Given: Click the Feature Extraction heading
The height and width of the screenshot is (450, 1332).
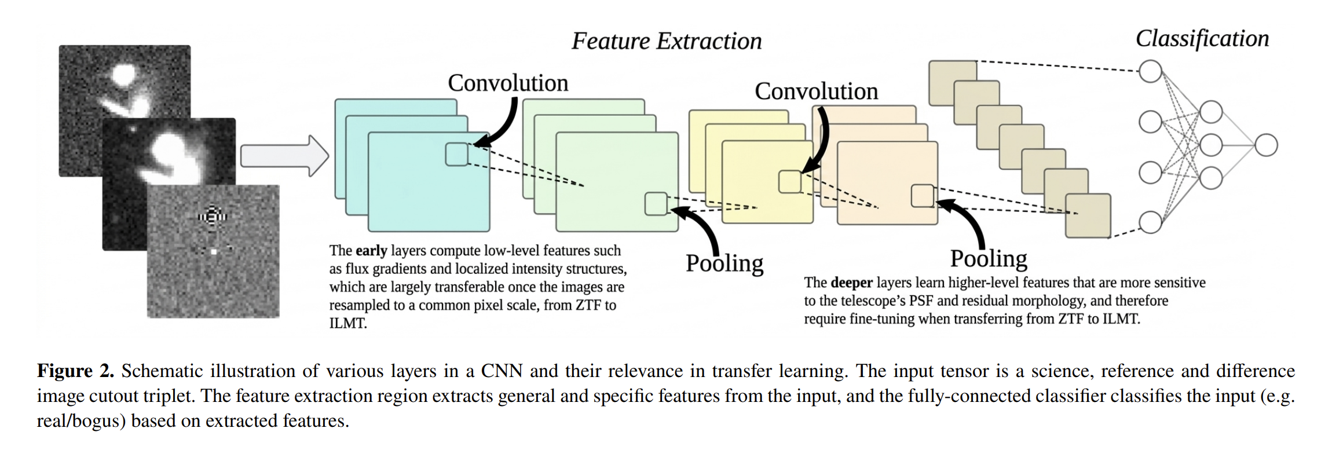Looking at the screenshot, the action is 667,41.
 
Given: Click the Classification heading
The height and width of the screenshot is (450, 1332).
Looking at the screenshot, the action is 1202,39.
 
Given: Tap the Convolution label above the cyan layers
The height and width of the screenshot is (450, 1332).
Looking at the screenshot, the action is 508,83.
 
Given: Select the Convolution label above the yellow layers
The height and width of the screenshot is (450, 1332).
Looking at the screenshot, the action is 817,91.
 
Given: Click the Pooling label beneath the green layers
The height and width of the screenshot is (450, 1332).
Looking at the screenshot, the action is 724,264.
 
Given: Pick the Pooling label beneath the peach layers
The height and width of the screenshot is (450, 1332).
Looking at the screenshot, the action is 989,259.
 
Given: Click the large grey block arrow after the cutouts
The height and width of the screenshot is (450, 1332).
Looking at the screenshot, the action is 284,156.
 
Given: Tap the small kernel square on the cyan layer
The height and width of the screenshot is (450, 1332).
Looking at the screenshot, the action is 457,155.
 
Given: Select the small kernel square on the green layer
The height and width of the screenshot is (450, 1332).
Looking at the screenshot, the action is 656,204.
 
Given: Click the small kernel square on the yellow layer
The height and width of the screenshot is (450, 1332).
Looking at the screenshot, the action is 790,182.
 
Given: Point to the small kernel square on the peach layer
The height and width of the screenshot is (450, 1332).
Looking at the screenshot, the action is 923,196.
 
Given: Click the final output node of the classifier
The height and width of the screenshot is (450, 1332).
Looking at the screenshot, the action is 1266,145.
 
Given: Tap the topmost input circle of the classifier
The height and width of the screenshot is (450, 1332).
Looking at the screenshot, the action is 1150,71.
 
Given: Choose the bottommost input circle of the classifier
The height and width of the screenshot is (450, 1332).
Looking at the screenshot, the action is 1150,222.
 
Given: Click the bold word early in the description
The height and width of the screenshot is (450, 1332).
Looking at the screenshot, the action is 371,251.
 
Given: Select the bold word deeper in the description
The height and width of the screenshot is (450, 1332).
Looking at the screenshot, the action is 851,283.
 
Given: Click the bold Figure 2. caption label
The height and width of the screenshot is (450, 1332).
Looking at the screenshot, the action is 76,371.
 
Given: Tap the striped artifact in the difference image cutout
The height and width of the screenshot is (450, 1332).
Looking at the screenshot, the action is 213,216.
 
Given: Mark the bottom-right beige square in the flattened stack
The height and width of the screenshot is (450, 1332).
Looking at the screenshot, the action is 1088,216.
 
